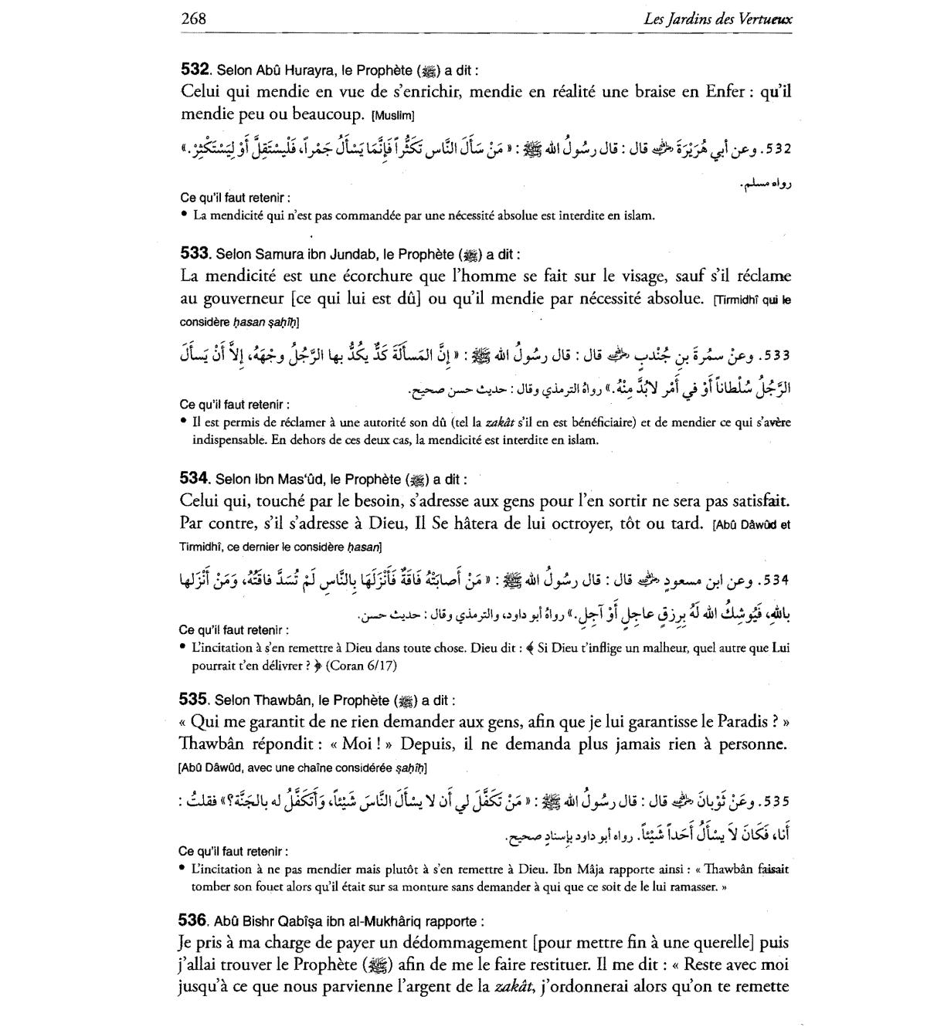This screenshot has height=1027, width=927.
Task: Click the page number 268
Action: pos(193,19)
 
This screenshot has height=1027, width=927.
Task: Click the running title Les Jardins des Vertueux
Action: pos(717,19)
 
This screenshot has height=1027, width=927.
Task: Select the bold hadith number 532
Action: pos(195,69)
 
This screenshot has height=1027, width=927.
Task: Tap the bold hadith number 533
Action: pos(195,253)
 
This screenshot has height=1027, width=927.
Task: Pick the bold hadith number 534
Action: pos(195,478)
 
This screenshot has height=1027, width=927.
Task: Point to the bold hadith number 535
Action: pos(194,700)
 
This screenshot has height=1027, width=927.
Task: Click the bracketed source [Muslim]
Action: pos(393,116)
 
